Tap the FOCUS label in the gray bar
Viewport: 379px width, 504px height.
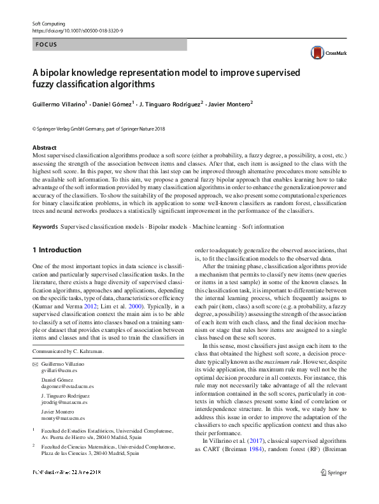click(46, 45)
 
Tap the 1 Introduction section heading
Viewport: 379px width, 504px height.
click(57, 250)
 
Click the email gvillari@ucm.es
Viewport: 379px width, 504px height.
click(56, 370)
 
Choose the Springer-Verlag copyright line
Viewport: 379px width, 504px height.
click(98, 129)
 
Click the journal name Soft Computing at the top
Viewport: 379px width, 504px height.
click(49, 23)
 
